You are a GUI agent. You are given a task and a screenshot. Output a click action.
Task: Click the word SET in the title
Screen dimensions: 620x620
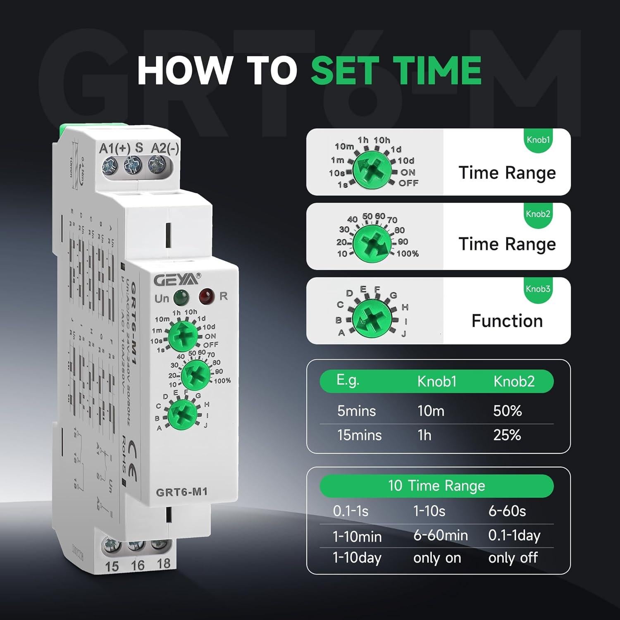click(x=346, y=70)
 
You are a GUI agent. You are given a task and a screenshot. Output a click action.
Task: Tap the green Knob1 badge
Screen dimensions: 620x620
click(x=538, y=140)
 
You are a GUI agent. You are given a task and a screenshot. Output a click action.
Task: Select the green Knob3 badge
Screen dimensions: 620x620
click(x=538, y=289)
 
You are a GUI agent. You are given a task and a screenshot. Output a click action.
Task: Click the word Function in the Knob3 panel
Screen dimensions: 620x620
click(x=507, y=321)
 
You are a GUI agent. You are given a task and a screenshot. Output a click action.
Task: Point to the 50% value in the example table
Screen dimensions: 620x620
click(x=507, y=411)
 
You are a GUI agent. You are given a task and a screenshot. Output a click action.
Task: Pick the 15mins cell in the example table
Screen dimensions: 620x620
click(x=359, y=435)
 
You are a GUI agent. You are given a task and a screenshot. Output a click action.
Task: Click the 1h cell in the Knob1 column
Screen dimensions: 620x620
click(x=424, y=435)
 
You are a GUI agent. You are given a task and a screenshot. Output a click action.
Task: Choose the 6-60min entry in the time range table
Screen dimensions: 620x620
click(x=440, y=536)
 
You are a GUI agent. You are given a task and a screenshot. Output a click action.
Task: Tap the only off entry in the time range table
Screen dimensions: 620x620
click(x=513, y=558)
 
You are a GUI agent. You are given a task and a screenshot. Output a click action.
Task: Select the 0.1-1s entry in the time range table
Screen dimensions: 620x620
click(x=351, y=511)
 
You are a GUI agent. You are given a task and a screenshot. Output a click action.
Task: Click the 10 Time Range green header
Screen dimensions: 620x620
click(x=436, y=486)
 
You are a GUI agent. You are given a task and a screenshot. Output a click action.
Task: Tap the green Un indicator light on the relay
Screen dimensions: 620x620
click(x=181, y=297)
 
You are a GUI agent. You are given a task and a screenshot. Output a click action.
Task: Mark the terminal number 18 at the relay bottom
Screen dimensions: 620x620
click(x=164, y=563)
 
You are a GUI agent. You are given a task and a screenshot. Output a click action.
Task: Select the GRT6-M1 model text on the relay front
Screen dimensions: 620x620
click(x=181, y=492)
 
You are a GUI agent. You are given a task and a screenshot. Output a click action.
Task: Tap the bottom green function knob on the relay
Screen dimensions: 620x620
click(x=183, y=413)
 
